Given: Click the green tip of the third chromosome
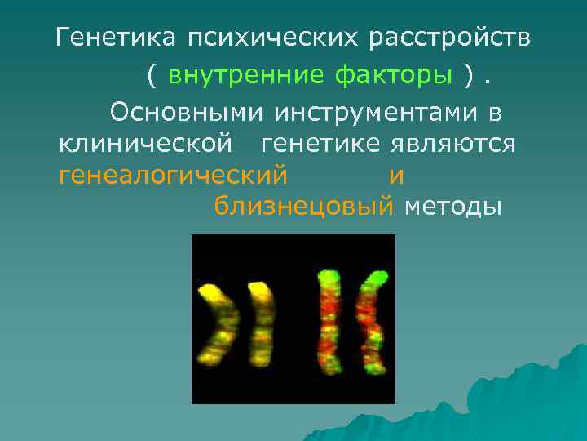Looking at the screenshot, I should point(329,278).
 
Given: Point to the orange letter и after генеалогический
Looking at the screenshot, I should point(397,176).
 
